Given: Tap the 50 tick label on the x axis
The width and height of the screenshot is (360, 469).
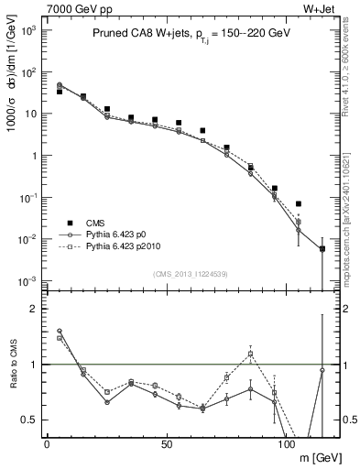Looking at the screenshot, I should coord(166,444).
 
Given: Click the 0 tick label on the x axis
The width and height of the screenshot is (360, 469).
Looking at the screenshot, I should coord(47,444).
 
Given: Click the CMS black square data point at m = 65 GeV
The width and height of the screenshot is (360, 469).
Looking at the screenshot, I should coord(202,131).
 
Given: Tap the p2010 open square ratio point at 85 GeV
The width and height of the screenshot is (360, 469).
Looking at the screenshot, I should coord(250,354).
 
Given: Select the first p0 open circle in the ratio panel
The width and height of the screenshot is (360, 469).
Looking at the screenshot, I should coord(60,331).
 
